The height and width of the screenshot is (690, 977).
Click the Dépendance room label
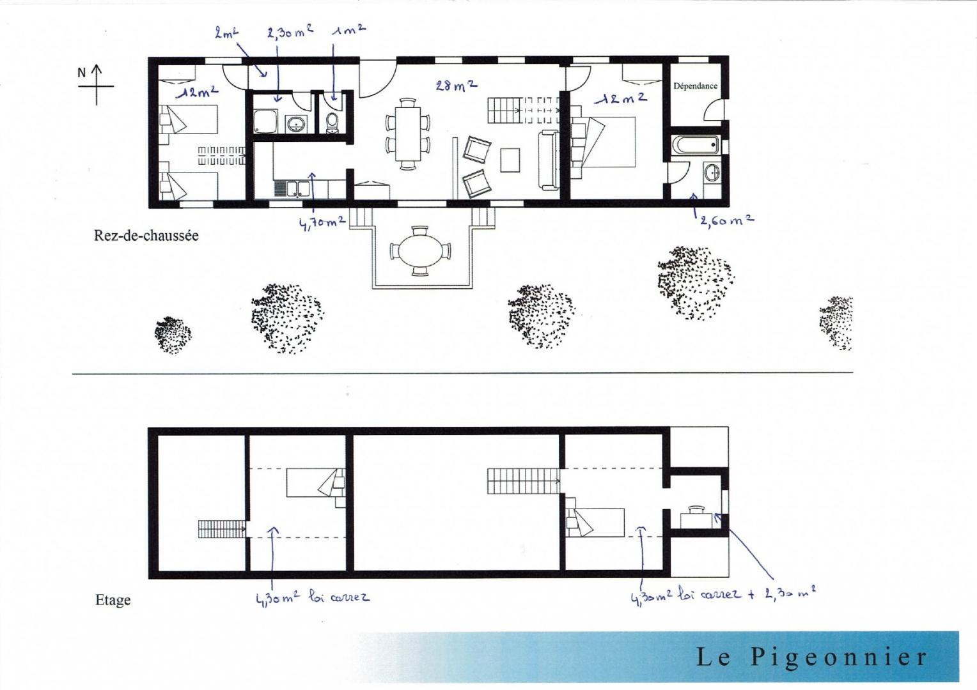[695, 86]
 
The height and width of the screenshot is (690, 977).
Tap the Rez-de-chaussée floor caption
[146, 236]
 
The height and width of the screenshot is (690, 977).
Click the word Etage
[113, 601]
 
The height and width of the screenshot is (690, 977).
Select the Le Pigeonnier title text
[811, 657]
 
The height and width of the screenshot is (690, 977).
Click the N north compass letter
[82, 73]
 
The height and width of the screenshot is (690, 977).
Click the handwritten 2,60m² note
[726, 221]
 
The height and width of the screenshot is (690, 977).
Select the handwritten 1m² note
[348, 31]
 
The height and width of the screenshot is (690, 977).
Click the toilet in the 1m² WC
[332, 123]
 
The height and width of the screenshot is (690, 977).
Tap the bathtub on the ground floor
[695, 145]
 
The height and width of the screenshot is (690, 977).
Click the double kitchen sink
[297, 189]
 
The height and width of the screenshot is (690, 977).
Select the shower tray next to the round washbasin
[265, 121]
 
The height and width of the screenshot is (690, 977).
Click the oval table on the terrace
[420, 251]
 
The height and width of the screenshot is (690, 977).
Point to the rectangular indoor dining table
[408, 134]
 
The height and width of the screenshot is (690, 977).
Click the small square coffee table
[510, 160]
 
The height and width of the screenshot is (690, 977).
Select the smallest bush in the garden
[173, 335]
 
